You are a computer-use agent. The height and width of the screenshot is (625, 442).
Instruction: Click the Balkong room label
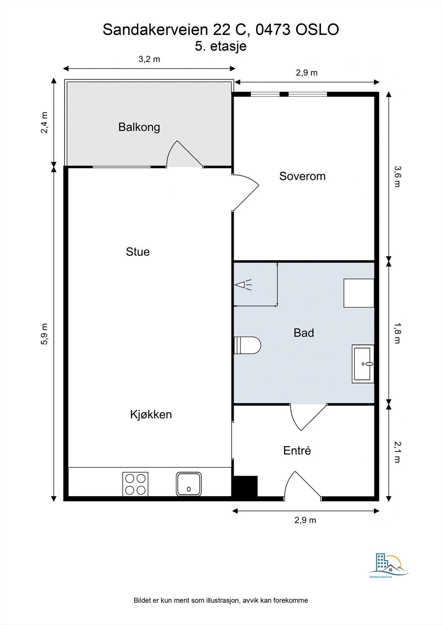[139, 127]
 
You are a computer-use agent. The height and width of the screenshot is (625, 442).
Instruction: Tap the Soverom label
[302, 176]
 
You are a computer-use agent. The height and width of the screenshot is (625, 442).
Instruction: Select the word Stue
[138, 252]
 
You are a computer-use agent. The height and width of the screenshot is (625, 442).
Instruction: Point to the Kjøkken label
[151, 414]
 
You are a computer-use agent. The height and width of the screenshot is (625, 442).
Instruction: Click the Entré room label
[297, 451]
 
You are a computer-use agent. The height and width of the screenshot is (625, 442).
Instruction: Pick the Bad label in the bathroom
[304, 333]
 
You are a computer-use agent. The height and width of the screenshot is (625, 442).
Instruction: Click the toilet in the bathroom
[248, 345]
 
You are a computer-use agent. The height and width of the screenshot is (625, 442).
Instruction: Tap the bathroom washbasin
[363, 364]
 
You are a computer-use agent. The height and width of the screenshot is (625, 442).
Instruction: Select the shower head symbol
[242, 285]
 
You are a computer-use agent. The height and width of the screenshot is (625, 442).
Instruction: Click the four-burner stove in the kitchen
[136, 484]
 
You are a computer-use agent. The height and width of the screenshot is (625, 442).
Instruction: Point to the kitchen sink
[188, 484]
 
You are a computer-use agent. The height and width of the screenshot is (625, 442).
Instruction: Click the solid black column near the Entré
[245, 486]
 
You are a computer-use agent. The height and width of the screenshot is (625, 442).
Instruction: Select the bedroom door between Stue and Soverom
[245, 191]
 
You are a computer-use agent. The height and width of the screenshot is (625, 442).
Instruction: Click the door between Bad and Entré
[308, 416]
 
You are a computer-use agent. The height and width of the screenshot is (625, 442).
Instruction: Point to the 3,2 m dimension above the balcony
[149, 59]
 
